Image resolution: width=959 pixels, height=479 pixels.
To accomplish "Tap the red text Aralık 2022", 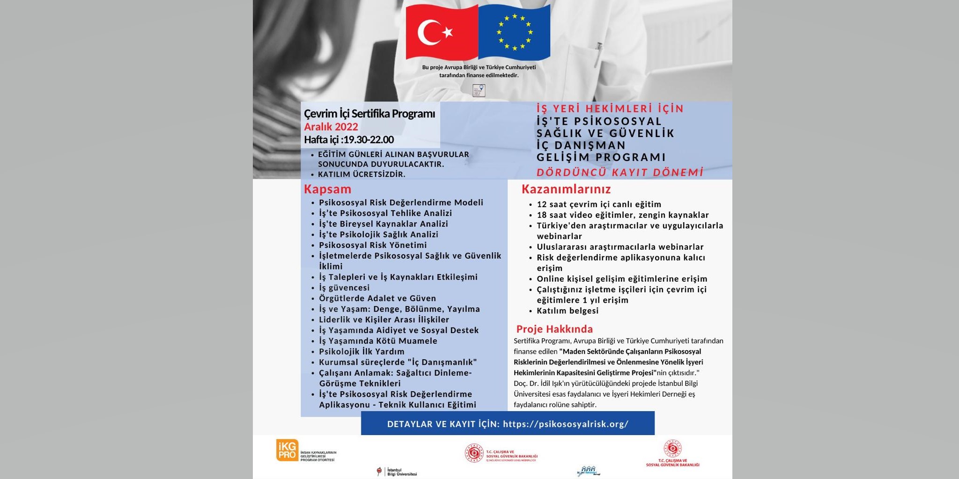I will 331,127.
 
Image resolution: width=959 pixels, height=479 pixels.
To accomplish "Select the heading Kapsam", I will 327,189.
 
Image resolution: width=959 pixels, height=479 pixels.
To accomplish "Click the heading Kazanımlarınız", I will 566,189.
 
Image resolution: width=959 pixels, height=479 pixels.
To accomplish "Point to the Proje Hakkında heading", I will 554,329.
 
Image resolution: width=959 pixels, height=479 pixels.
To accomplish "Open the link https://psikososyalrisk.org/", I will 566,424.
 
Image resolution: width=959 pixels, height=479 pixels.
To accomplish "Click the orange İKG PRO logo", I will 287,450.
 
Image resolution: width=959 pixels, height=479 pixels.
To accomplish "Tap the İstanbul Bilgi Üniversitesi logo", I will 397,472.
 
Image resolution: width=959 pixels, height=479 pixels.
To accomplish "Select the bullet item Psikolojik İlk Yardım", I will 361,352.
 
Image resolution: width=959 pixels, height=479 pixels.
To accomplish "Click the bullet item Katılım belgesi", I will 568,311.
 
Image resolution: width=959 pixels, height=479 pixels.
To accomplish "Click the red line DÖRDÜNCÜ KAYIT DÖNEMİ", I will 620,173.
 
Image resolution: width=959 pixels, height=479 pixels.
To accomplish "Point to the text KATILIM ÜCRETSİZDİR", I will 361,174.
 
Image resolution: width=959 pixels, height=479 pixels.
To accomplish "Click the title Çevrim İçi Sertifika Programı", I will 369,114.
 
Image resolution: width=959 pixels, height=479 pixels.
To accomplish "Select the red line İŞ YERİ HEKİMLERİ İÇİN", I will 610,109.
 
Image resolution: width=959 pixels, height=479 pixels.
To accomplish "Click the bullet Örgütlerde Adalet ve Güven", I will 377,298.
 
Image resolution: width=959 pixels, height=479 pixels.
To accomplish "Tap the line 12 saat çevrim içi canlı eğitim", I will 599,204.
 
